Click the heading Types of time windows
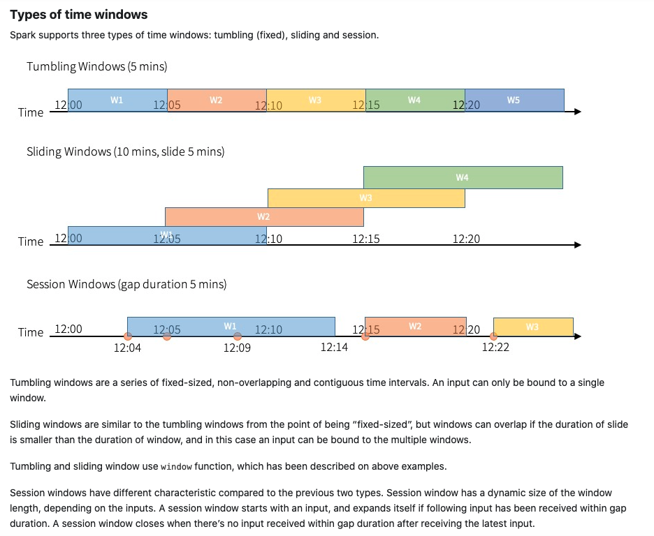pyautogui.click(x=78, y=15)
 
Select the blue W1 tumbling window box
pyautogui.click(x=117, y=100)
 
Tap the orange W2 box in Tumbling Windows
pyautogui.click(x=217, y=100)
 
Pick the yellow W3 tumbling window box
pyautogui.click(x=316, y=100)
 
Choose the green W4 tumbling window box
pyautogui.click(x=415, y=100)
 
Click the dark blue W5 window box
pyautogui.click(x=514, y=100)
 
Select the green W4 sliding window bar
pyautogui.click(x=463, y=178)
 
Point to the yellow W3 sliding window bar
pyautogui.click(x=366, y=198)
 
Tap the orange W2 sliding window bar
pyautogui.click(x=264, y=217)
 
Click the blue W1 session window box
pyautogui.click(x=231, y=327)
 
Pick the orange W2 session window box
pyautogui.click(x=415, y=327)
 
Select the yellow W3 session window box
pyautogui.click(x=533, y=327)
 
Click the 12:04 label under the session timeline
pyautogui.click(x=127, y=348)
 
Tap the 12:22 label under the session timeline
pyautogui.click(x=495, y=348)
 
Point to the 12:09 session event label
pyautogui.click(x=237, y=348)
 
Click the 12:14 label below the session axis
pyautogui.click(x=334, y=348)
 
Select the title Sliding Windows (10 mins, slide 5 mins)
pyautogui.click(x=125, y=151)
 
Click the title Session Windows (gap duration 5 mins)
pyautogui.click(x=126, y=284)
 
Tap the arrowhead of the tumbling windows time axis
pyautogui.click(x=577, y=112)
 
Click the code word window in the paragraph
pyautogui.click(x=175, y=467)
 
